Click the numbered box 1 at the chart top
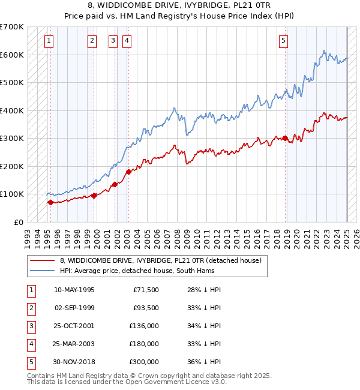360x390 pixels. (49, 41)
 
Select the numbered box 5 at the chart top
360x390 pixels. (283, 41)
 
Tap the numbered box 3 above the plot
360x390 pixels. (113, 41)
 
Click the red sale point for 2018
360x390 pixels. (286, 139)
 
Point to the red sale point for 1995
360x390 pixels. (50, 202)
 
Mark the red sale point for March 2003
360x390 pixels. (128, 172)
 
